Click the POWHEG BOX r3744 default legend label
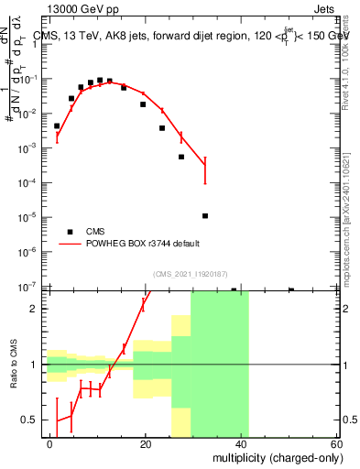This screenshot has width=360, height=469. pyautogui.click(x=143, y=244)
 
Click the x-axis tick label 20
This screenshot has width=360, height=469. pyautogui.click(x=146, y=442)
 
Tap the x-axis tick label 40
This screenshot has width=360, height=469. pyautogui.click(x=241, y=442)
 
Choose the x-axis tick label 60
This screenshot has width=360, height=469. pyautogui.click(x=336, y=442)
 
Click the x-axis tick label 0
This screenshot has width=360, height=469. pyautogui.click(x=50, y=442)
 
